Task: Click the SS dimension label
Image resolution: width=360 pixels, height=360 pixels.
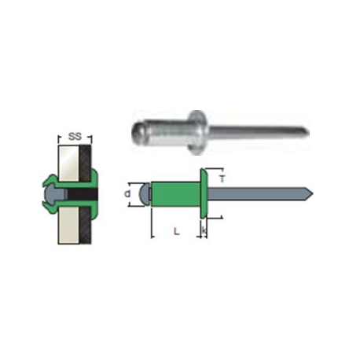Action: click(75, 137)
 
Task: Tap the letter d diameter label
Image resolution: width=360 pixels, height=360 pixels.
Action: click(127, 194)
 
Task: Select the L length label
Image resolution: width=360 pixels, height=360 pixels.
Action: click(177, 231)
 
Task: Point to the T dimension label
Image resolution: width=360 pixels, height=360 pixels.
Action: click(222, 179)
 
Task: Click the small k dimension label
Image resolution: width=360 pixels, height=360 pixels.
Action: click(204, 230)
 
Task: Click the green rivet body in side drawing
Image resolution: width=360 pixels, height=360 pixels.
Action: click(176, 194)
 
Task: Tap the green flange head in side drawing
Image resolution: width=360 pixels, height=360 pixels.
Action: click(204, 193)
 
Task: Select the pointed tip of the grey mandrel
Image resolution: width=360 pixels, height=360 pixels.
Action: click(313, 194)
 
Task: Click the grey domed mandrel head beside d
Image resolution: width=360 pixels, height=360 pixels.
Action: click(144, 194)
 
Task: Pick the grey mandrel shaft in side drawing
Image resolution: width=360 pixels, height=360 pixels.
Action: click(259, 194)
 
